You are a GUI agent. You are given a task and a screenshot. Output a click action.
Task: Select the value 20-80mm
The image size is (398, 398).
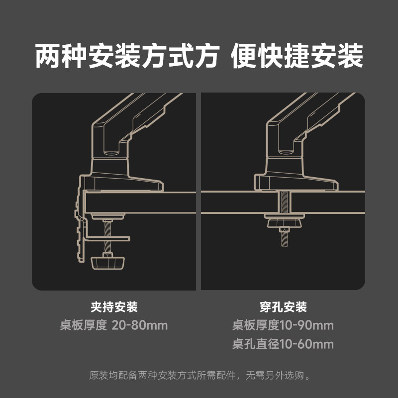[x=140, y=325]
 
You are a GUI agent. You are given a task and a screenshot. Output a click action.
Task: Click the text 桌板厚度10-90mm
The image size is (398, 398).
[x=283, y=325]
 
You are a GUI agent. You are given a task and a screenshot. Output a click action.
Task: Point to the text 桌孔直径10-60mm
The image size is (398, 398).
[x=283, y=344]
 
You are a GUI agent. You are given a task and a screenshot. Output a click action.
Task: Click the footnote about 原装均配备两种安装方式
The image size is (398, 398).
[x=199, y=375]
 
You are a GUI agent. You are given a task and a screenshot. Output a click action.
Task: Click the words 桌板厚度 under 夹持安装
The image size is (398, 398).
[x=84, y=325]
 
